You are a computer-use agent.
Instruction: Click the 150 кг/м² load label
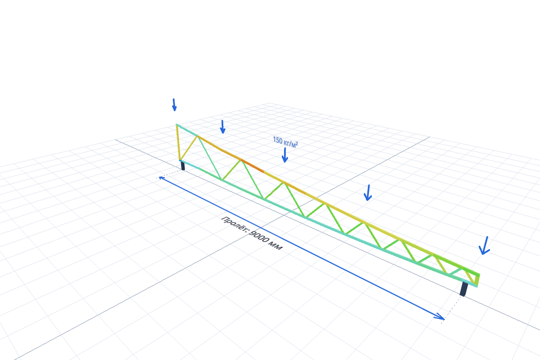(285, 142)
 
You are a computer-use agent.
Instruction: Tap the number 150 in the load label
(277, 140)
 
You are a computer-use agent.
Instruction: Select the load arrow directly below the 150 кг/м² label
(285, 155)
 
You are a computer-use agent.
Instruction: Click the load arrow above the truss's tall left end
(174, 105)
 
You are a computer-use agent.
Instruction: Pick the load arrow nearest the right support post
(484, 246)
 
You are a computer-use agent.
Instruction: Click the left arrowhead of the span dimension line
(161, 178)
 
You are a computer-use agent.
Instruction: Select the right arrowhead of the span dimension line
(440, 317)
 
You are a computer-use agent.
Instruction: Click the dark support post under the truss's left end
(183, 166)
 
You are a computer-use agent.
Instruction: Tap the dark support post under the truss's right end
(464, 289)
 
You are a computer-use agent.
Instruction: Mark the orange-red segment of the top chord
(253, 166)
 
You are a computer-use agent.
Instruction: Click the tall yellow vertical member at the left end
(178, 142)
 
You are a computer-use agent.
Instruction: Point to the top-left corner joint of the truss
(177, 124)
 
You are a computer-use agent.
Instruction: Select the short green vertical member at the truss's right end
(478, 280)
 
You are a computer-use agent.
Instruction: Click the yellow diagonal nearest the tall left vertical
(189, 148)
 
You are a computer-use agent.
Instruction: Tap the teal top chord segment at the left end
(187, 130)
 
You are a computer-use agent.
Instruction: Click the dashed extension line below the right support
(452, 307)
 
